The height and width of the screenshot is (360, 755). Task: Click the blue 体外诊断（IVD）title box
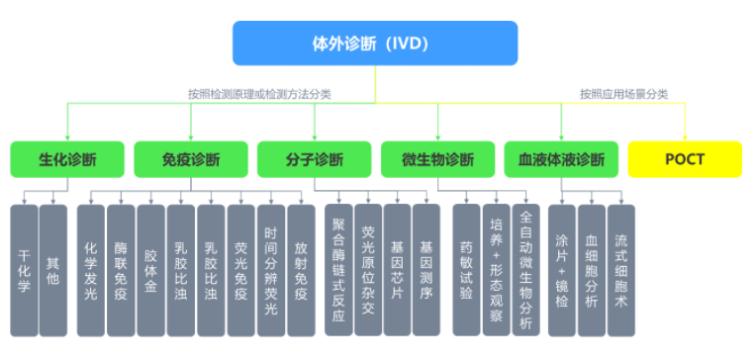coord(375,43)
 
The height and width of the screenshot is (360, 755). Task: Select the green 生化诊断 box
coord(67,159)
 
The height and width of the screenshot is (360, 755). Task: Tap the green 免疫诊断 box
coord(191,159)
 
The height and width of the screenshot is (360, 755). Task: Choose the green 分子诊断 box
coord(315,159)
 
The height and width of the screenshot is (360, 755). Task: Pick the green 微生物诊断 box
coord(438,159)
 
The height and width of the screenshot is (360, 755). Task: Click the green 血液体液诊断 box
coord(561,159)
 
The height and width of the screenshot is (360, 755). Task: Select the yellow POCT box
coord(685,159)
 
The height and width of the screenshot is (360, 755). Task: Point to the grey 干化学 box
coord(24,269)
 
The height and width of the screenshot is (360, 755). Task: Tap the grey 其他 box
coord(53,269)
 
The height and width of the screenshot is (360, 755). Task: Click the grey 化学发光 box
coord(91,269)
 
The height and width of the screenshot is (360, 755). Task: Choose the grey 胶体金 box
coord(150,269)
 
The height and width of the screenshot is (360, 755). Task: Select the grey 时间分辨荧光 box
coord(270,269)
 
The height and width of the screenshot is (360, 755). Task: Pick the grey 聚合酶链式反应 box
coord(338,269)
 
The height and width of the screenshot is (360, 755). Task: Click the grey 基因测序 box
coord(426,269)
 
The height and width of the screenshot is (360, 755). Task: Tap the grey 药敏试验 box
coord(467,269)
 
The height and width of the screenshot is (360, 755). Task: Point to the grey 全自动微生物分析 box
coord(525,269)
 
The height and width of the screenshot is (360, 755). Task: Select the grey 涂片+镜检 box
coord(562,269)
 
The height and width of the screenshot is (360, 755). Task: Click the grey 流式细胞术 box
coord(621,269)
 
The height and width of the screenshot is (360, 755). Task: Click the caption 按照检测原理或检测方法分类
coord(260,94)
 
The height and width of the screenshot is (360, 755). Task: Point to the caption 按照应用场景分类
coord(624,94)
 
